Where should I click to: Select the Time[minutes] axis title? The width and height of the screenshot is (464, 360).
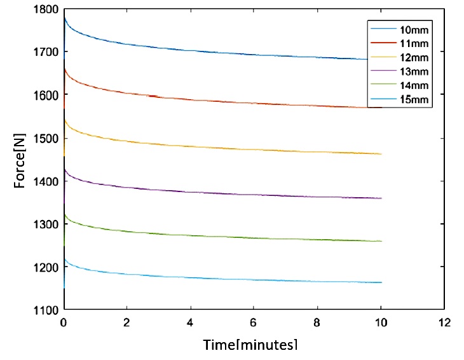[x=250, y=345]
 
